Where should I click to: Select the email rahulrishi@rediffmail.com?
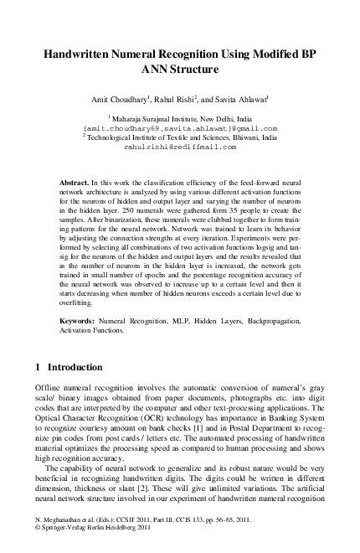tap(180, 147)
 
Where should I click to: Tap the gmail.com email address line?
tap(180, 129)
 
